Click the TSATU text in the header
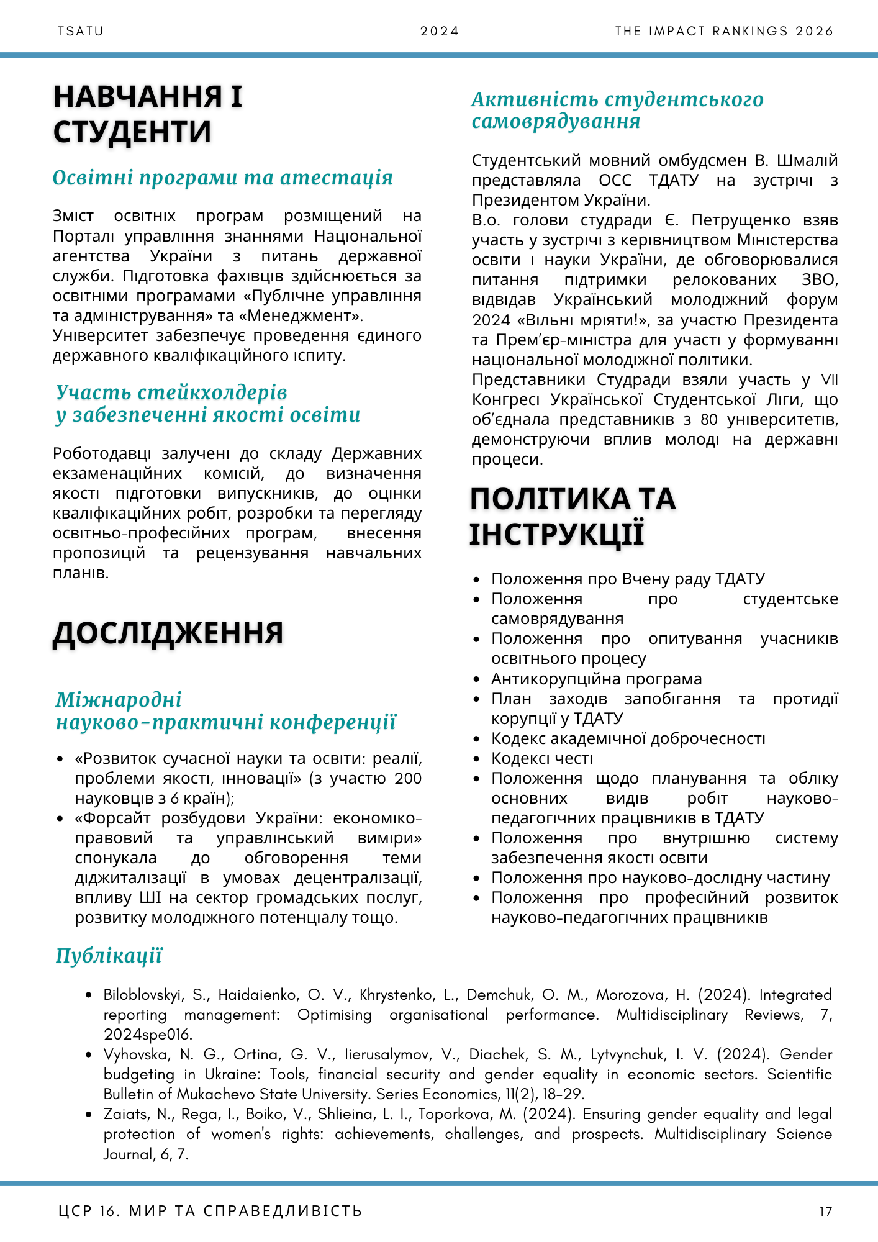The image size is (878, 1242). click(81, 31)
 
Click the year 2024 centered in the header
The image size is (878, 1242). click(439, 31)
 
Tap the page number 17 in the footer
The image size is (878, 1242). click(825, 1211)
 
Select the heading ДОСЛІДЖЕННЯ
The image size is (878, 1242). click(168, 633)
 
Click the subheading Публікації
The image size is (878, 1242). click(109, 956)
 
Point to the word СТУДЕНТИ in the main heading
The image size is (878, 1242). click(132, 132)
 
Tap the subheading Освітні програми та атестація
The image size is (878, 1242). click(223, 178)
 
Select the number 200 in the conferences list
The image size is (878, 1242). click(408, 778)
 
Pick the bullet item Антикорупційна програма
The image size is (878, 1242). click(596, 679)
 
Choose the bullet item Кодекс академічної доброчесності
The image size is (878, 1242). click(628, 738)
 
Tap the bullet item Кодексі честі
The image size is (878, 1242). click(542, 758)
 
